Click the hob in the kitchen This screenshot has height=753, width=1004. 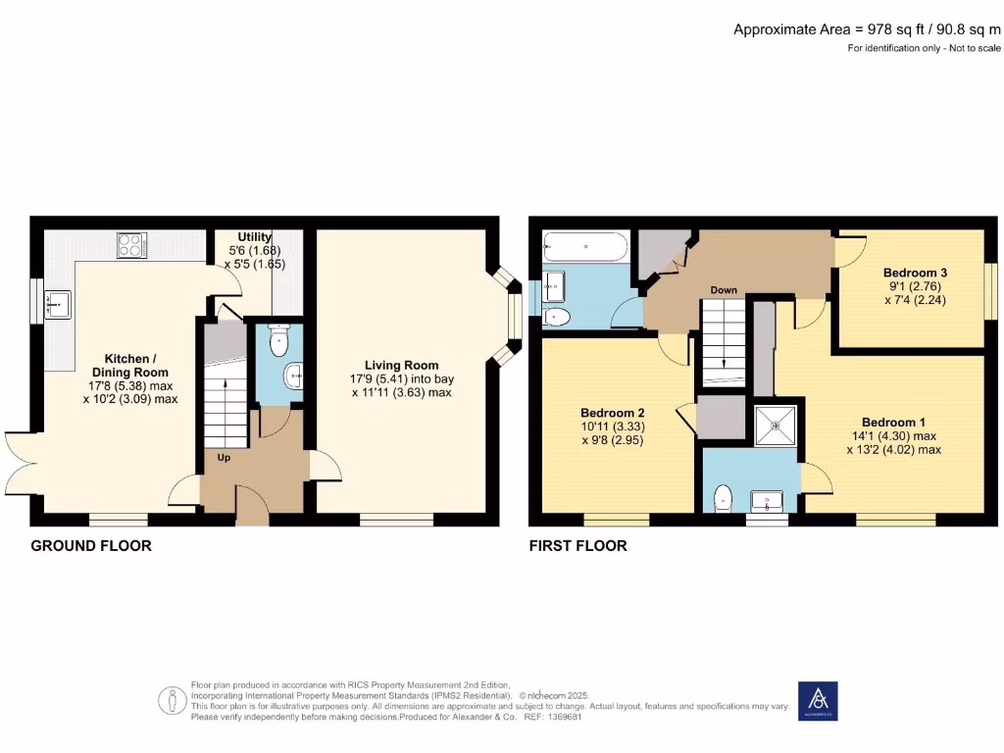pos(131,245)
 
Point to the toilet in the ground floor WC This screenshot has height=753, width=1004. pos(278,342)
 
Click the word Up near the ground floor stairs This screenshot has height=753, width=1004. pos(224,456)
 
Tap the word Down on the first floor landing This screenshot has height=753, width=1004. pos(724,290)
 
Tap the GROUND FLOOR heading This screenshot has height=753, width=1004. pos(91,545)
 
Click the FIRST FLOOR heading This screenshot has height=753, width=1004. pos(577,545)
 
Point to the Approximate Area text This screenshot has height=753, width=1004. pos(867,29)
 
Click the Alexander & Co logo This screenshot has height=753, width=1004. pos(818,700)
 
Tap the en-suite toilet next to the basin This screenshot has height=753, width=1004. pos(725,497)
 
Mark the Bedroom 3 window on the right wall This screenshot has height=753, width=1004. pos(990,291)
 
